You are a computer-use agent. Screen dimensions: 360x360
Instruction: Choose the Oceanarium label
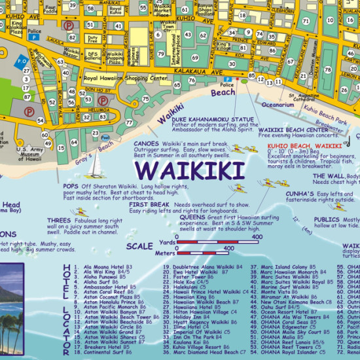(278, 104)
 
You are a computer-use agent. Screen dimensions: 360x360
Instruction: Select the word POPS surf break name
(70, 185)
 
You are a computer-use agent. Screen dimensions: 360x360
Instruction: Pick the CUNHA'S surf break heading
(299, 194)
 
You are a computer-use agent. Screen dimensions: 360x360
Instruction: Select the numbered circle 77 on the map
(128, 122)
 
